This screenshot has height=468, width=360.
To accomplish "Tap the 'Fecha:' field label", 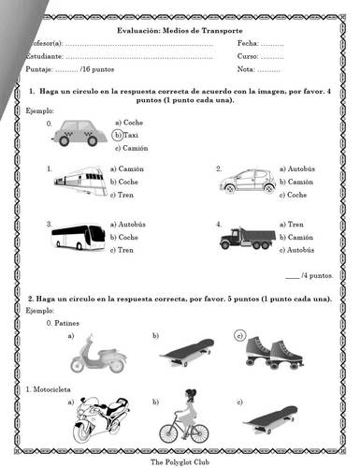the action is (249, 44).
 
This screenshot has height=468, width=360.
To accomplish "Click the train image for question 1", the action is (78, 180).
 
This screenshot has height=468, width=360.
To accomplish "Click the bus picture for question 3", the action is (78, 237).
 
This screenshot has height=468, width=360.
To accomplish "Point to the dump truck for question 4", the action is (247, 237).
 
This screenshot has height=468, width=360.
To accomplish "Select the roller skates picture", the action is (268, 351).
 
